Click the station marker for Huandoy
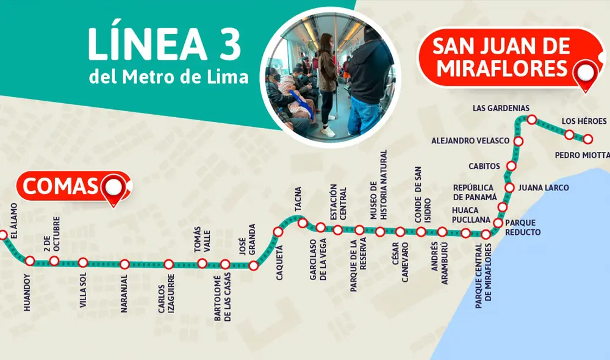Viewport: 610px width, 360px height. [30, 261]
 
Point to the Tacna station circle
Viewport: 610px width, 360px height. [302, 223]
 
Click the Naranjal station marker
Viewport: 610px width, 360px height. [124, 264]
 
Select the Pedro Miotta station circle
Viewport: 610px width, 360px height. [588, 139]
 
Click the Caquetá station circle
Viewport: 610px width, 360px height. [278, 232]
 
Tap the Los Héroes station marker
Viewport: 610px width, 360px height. [569, 134]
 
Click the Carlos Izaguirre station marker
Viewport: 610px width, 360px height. [168, 264]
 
